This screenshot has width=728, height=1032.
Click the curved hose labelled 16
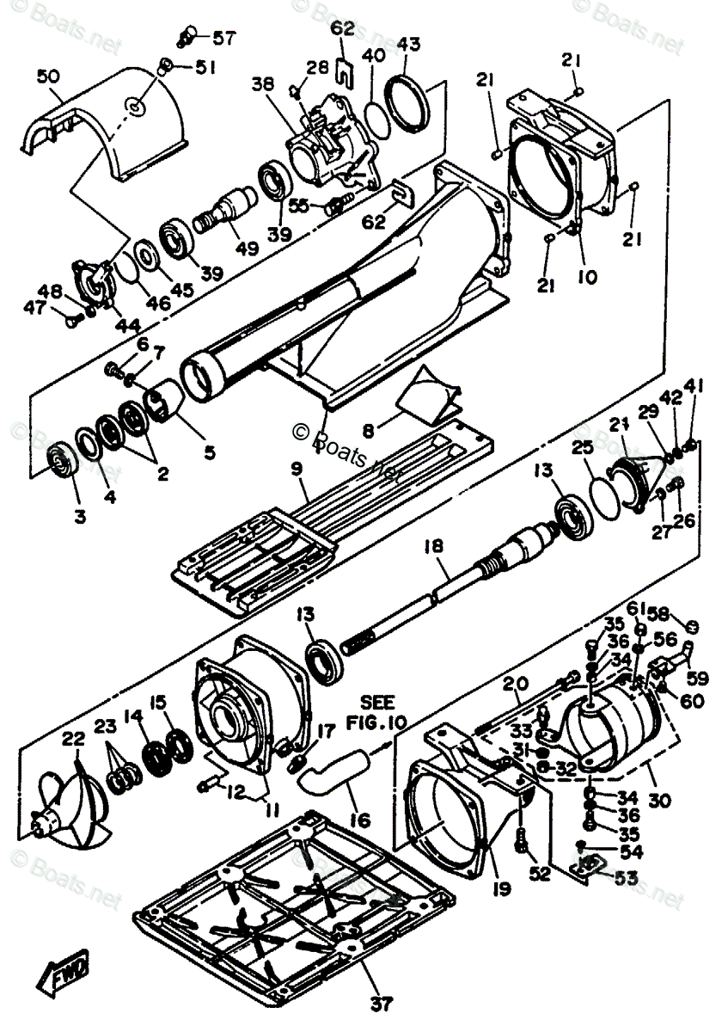(335, 770)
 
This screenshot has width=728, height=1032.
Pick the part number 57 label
(223, 38)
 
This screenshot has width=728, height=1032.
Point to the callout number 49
(248, 249)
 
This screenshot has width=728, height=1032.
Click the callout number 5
(208, 450)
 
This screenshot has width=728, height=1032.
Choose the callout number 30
(658, 799)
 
